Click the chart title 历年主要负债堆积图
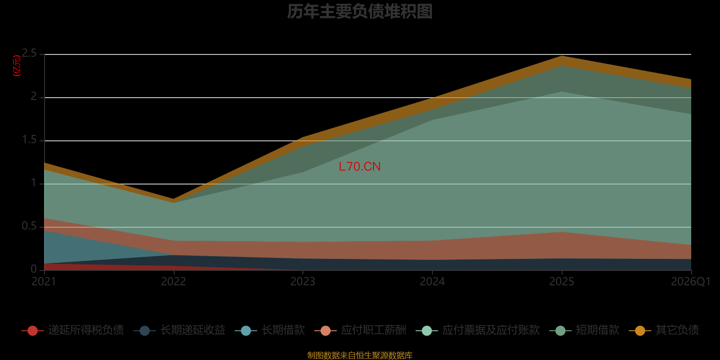coord(360,12)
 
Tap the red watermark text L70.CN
coord(360,166)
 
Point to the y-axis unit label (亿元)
coord(17,66)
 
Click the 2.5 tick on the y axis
coord(29,54)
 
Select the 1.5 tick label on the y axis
coord(29,140)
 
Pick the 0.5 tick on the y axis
coord(29,226)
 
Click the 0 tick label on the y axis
coord(34,270)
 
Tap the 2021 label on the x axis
coord(44,282)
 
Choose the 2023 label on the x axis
coord(303,282)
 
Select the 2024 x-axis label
coord(432,282)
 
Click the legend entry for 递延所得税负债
coord(72,330)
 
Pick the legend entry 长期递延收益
coord(180,330)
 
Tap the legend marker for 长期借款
coord(246,330)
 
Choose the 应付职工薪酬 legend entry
coord(360,330)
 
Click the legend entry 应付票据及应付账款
coord(477,330)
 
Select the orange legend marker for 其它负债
coord(640,330)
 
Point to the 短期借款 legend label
coord(598,330)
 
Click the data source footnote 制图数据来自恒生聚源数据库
coord(360,355)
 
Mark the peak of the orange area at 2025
coord(562,56)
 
